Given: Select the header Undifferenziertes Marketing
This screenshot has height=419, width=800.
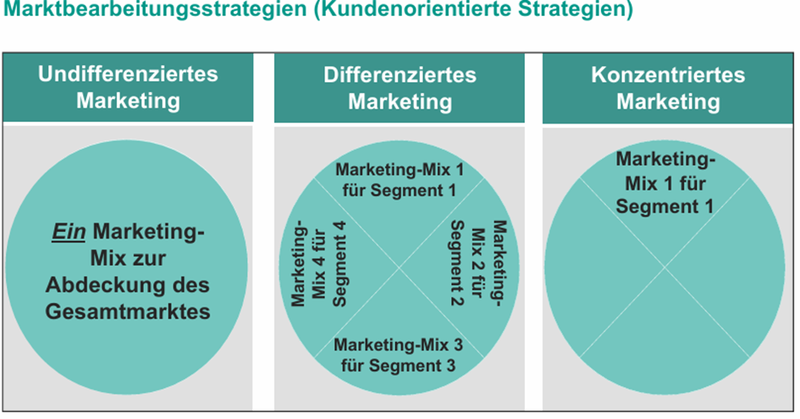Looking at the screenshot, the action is coord(128,87).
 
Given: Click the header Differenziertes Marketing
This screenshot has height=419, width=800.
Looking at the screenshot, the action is coord(400,87).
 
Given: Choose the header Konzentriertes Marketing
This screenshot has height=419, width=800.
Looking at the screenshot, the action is coord(668,87).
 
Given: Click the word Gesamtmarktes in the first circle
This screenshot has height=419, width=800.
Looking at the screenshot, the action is coord(128,311).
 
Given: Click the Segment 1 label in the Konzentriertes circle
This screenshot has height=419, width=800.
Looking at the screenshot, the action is coord(665,182).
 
